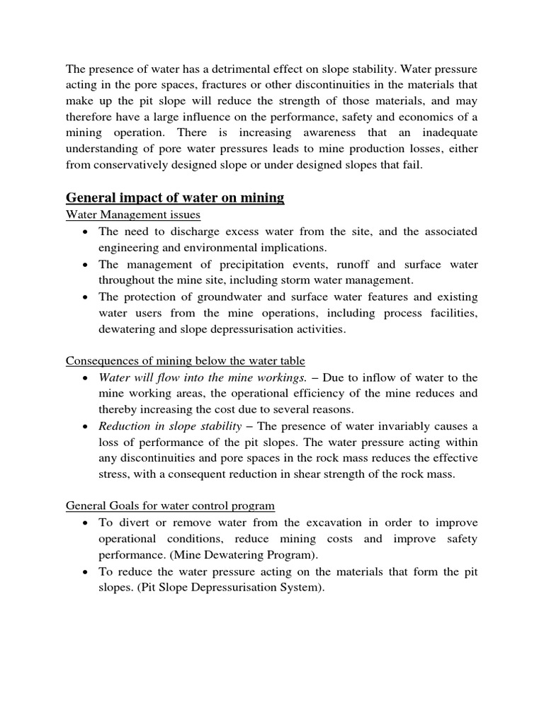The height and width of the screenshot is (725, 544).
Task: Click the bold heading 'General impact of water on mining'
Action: click(175, 198)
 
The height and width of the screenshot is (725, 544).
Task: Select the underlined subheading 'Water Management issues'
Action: click(133, 215)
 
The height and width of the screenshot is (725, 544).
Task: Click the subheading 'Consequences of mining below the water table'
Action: click(185, 360)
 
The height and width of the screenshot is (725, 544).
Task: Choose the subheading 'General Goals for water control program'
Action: click(171, 506)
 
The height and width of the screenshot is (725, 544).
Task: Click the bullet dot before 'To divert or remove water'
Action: click(85, 523)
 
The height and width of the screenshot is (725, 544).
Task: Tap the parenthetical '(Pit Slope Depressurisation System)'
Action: click(226, 587)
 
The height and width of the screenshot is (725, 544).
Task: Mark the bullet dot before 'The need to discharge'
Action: click(85, 232)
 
